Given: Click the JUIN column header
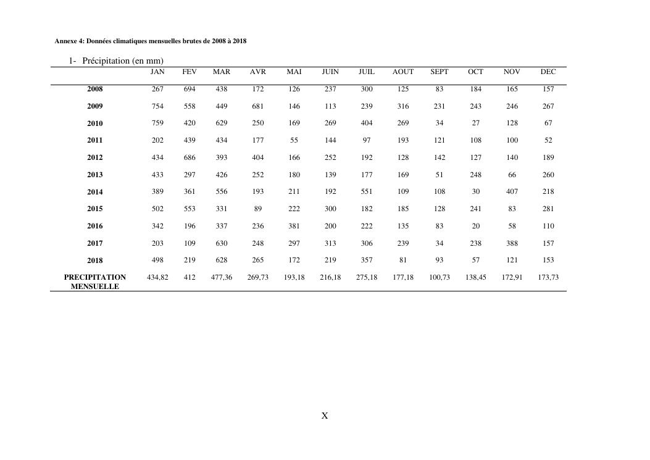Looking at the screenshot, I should [330, 72].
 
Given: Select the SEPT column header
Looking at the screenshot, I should [440, 72].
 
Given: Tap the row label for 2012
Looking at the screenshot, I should [95, 158].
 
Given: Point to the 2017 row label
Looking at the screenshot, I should [95, 244].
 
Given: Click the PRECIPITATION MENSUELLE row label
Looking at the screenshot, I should [95, 282].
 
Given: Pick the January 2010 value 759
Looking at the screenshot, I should [157, 123].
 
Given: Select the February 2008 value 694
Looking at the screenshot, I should [190, 90].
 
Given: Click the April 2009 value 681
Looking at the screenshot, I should [258, 107].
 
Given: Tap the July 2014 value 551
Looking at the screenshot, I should [367, 192].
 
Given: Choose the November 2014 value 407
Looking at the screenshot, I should [512, 192].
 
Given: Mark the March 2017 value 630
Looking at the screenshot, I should [222, 243].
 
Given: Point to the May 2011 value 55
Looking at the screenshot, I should [294, 141].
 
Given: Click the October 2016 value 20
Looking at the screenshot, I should [476, 226].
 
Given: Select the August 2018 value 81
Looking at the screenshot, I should [403, 261].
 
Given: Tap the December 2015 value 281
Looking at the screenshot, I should [548, 209].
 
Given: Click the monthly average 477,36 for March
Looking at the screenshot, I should [222, 278].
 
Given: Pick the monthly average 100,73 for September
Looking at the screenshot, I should [440, 278].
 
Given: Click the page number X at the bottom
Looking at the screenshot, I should [325, 416].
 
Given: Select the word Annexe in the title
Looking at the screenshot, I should [67, 41].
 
